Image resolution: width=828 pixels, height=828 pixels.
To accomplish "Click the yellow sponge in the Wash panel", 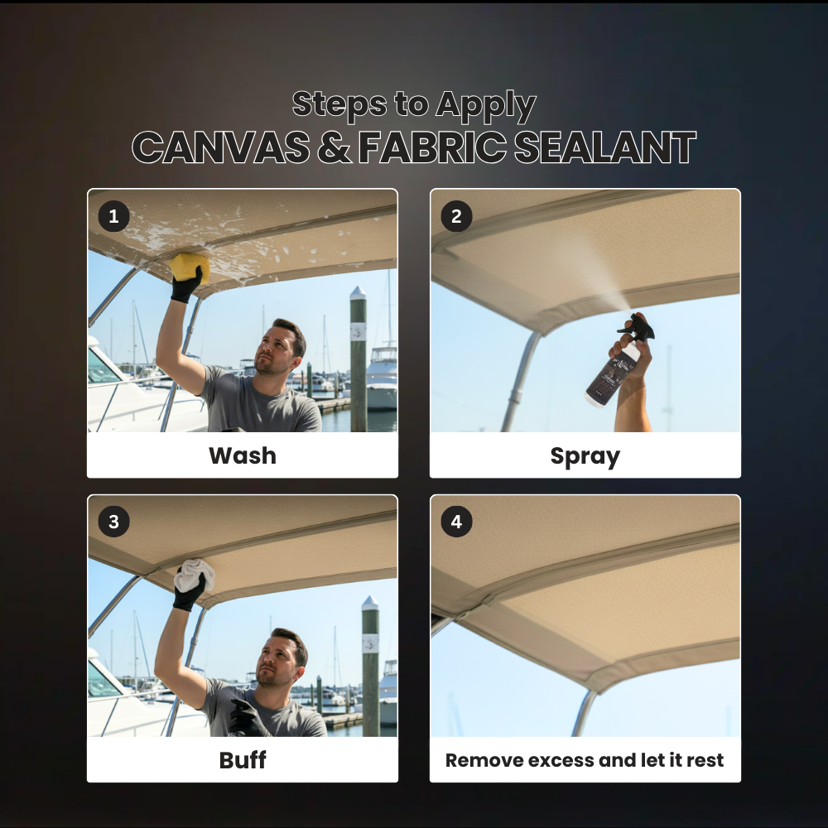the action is [190, 267].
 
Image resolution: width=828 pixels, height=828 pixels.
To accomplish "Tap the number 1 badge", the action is [113, 216].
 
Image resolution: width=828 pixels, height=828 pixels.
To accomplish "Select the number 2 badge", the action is [456, 216].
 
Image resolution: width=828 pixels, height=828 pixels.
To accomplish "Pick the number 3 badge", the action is [113, 522].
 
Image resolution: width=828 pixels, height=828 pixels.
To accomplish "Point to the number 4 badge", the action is [456, 522].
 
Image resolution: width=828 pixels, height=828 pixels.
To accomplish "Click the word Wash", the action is [243, 455].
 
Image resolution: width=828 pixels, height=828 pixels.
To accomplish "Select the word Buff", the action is [243, 760].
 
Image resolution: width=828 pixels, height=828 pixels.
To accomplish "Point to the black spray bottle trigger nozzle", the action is [638, 326].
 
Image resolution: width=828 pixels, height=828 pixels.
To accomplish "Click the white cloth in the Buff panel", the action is [194, 575].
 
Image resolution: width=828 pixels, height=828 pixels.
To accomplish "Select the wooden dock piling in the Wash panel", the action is [358, 359].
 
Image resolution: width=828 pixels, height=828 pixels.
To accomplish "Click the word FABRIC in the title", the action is [432, 147].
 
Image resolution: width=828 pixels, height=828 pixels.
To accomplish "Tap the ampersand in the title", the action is [334, 147].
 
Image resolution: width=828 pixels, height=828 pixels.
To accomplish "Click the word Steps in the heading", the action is [339, 103].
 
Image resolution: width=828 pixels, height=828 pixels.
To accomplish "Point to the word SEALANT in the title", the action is [605, 147].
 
